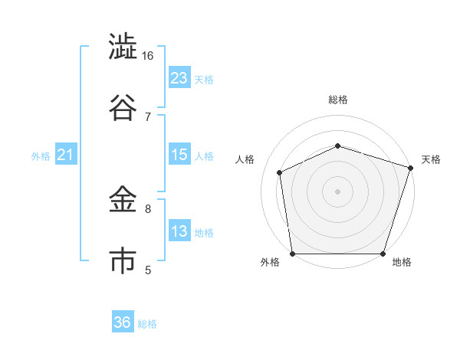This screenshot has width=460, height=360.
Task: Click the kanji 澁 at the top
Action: [123, 47]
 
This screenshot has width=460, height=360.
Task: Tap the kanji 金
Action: [123, 201]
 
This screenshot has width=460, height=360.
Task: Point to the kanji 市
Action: [123, 261]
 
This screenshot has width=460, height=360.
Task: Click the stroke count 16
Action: [148, 56]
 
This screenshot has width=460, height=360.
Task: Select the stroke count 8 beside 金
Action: [148, 208]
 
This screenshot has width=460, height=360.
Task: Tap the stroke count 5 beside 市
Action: [148, 270]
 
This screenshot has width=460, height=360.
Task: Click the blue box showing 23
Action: [179, 77]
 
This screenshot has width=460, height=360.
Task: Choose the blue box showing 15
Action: [179, 155]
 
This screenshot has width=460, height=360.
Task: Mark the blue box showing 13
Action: [179, 231]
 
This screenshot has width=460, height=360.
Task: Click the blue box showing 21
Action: [66, 155]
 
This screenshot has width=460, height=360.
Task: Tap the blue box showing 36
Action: [123, 322]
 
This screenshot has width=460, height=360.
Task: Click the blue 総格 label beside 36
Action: [147, 324]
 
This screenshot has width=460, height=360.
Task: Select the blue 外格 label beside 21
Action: [41, 156]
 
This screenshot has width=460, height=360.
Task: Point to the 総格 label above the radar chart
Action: [337, 100]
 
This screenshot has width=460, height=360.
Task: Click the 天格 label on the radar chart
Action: [431, 159]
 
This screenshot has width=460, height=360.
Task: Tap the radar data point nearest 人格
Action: [280, 172]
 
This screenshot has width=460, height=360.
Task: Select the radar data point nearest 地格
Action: [383, 254]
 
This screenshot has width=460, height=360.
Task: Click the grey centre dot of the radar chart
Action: [337, 191]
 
